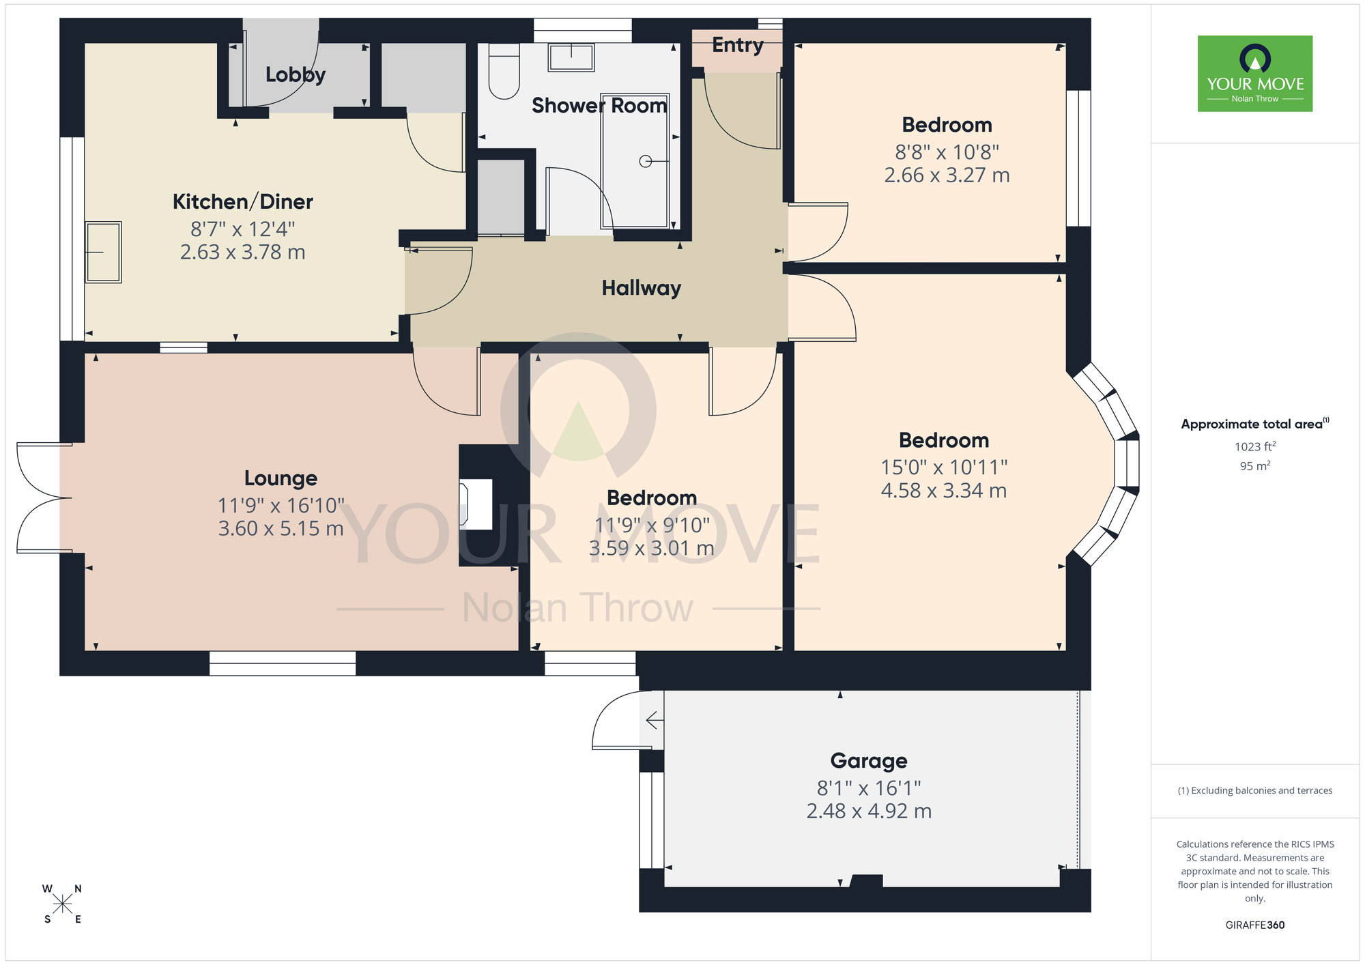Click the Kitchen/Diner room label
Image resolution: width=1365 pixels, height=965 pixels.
pyautogui.click(x=242, y=202)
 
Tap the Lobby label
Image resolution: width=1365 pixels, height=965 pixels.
pyautogui.click(x=295, y=74)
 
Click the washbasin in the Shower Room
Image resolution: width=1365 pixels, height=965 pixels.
pyautogui.click(x=571, y=57)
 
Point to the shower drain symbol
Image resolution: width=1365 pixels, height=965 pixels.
pyautogui.click(x=646, y=161)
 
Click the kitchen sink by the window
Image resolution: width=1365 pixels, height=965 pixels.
pyautogui.click(x=103, y=252)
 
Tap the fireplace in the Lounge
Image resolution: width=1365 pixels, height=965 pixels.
pyautogui.click(x=476, y=504)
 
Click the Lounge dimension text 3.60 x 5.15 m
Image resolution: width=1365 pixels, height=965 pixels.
pyautogui.click(x=281, y=529)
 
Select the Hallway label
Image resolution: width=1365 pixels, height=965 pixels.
pyautogui.click(x=641, y=288)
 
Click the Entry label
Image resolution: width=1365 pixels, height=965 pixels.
pyautogui.click(x=737, y=45)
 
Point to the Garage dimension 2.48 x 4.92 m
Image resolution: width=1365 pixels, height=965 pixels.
pyautogui.click(x=869, y=811)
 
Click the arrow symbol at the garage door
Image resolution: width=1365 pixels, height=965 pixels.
pyautogui.click(x=654, y=720)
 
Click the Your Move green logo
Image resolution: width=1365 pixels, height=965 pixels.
pyautogui.click(x=1254, y=74)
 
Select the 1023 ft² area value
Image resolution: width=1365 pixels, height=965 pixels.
pyautogui.click(x=1254, y=447)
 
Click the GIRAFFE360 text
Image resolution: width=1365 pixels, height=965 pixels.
pyautogui.click(x=1254, y=925)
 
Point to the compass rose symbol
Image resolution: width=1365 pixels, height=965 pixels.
pyautogui.click(x=62, y=904)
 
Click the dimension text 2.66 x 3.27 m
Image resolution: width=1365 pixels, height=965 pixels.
pyautogui.click(x=947, y=175)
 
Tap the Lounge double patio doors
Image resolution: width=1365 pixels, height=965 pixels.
pyautogui.click(x=42, y=498)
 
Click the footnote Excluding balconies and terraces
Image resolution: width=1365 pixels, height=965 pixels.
pyautogui.click(x=1254, y=791)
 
